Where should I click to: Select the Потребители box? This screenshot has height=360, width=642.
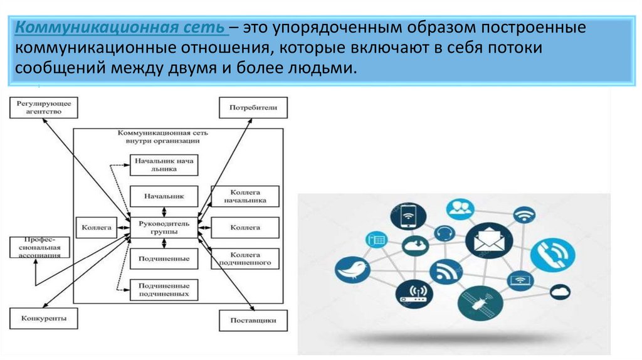tap(253, 107)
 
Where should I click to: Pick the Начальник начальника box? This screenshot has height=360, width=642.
tap(164, 165)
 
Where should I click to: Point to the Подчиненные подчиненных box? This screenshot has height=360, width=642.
tap(164, 289)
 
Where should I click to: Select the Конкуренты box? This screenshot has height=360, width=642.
tap(43, 319)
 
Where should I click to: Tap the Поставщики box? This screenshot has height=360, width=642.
tap(253, 320)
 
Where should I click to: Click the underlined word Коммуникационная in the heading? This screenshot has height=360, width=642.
tap(65, 28)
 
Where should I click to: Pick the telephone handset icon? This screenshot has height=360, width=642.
tap(552, 256)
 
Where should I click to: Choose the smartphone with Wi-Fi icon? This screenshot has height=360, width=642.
tap(408, 215)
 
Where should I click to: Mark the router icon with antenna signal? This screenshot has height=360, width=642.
tap(414, 294)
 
